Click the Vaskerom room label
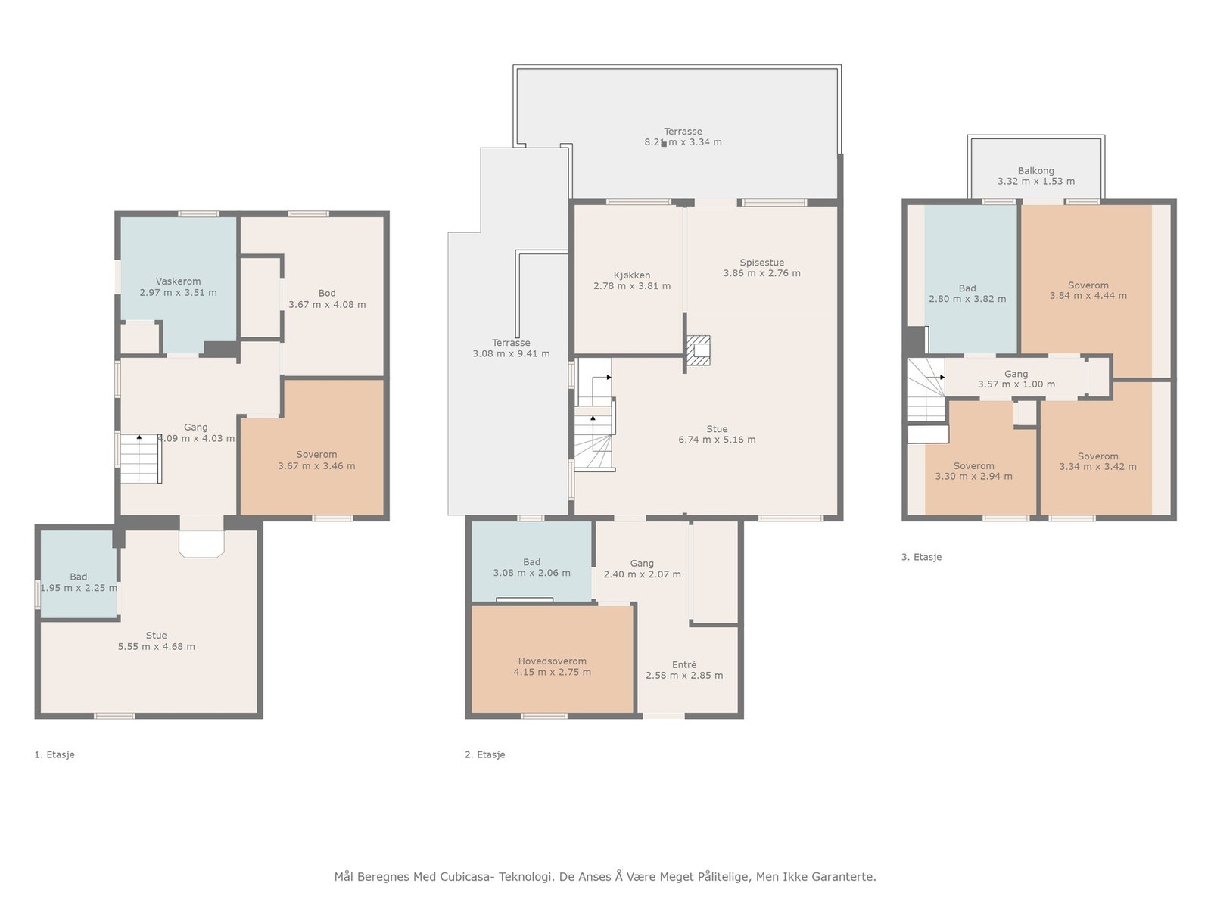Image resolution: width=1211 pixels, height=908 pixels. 178,281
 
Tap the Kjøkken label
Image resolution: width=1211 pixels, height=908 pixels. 632,275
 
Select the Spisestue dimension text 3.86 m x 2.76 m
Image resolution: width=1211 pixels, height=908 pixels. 761,273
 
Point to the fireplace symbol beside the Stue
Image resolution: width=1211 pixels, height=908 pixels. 698,350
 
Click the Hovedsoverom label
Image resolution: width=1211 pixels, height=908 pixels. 552,661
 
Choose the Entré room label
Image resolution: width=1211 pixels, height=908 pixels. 684,665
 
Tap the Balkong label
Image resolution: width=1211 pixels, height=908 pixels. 1035,171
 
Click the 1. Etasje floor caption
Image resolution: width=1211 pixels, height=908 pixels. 54,754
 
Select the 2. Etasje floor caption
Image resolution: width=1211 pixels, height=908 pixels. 484,754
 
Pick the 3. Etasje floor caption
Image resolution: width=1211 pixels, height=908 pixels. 921,557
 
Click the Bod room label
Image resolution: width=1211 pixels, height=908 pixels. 327,294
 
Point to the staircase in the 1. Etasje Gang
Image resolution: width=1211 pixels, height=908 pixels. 142,459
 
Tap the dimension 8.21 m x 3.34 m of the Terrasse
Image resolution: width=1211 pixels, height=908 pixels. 683,142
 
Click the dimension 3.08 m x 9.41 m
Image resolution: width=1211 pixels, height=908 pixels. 511,354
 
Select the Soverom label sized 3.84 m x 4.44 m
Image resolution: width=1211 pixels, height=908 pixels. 1088,285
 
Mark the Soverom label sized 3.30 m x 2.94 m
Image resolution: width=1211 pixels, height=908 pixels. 973,466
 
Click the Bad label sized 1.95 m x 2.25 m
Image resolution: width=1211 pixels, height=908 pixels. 79,577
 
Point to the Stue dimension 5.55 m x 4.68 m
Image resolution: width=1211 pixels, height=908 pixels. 156,647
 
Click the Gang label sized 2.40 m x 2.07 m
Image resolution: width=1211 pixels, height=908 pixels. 642,564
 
